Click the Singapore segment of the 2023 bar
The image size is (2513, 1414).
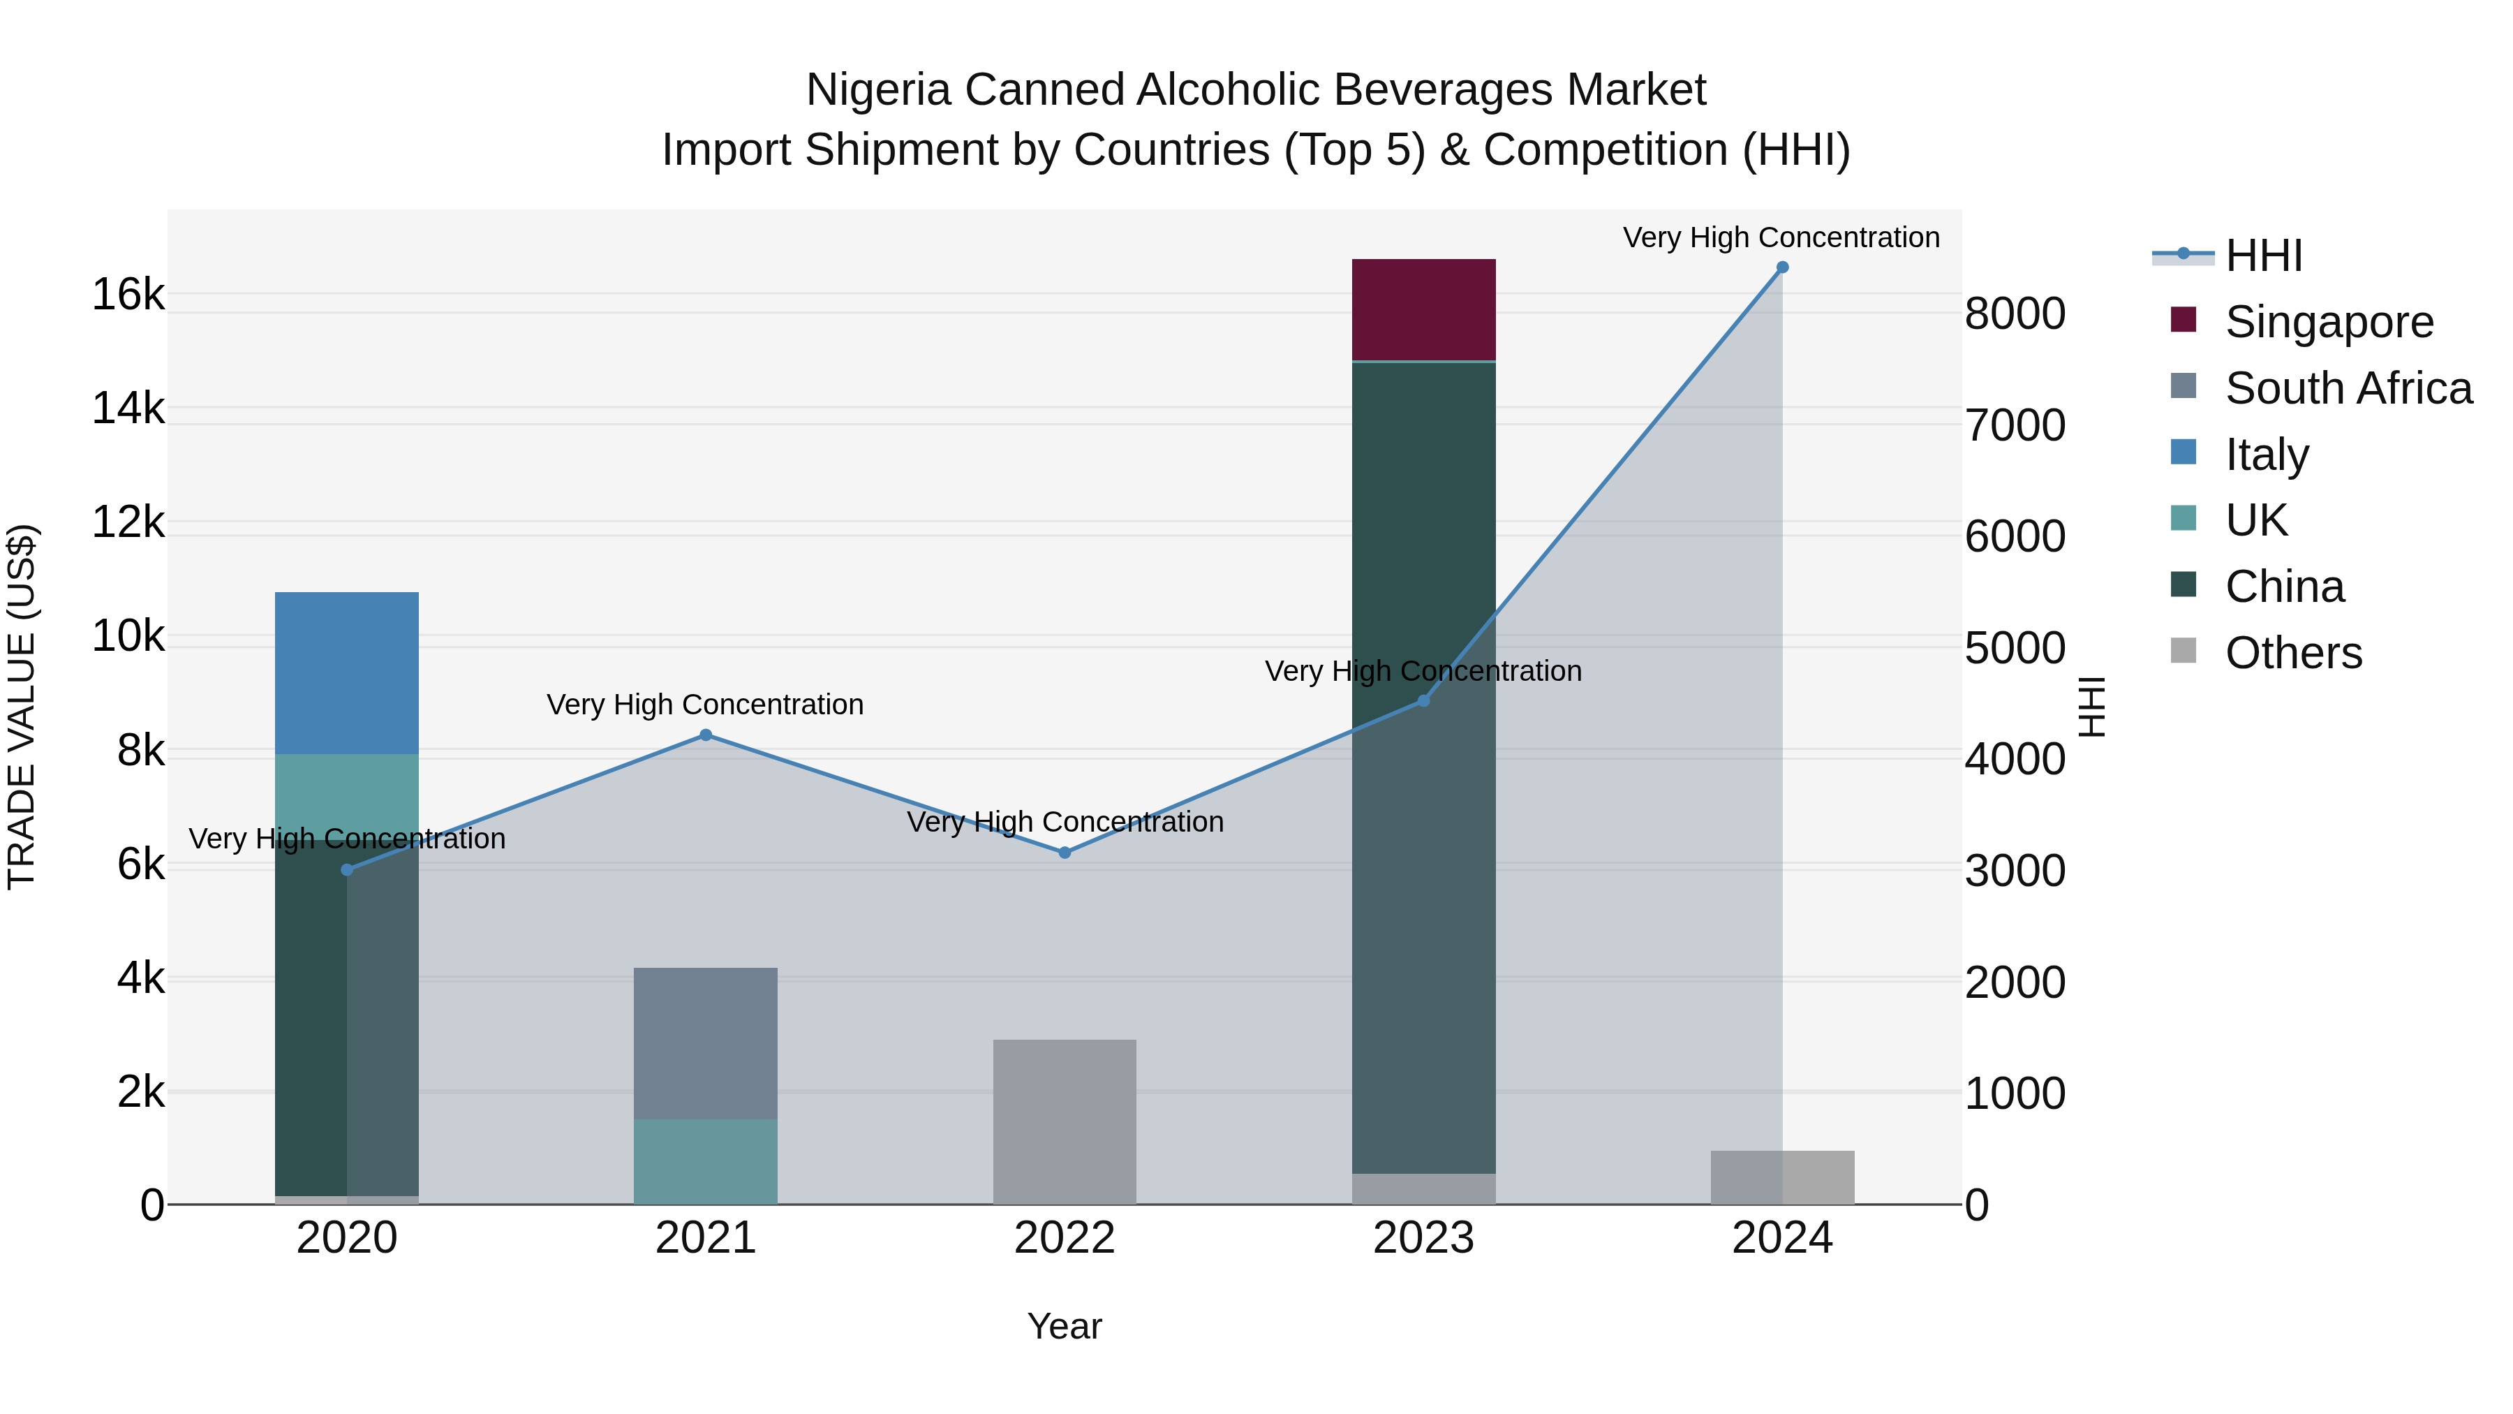1423,309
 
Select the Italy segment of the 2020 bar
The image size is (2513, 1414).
346,672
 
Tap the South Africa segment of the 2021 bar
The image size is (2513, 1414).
705,1043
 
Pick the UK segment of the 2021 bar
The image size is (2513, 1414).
705,1161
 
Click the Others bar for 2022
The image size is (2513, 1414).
1065,1121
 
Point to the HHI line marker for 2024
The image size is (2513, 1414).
1782,267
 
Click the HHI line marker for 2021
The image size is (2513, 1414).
705,735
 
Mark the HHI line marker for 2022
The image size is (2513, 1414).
1065,853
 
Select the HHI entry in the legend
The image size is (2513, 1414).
2263,256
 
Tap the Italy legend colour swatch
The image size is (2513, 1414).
2184,452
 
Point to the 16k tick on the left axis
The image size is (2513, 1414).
128,294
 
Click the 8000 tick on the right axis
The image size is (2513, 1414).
2015,314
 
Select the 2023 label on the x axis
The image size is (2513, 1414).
1423,1238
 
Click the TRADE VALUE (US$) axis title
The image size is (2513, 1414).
22,707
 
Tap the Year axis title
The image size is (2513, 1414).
1065,1326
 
